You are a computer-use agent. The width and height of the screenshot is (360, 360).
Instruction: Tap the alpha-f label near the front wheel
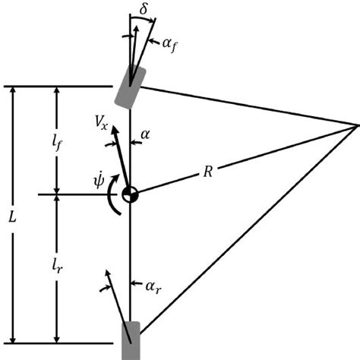pyautogui.click(x=169, y=45)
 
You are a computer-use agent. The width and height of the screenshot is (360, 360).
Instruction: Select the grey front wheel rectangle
pyautogui.click(x=130, y=87)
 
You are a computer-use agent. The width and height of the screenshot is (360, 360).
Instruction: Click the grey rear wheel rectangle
pyautogui.click(x=131, y=340)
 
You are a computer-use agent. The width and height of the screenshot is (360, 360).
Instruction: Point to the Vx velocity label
pyautogui.click(x=101, y=122)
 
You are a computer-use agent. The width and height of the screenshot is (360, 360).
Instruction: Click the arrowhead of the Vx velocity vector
pyautogui.click(x=115, y=130)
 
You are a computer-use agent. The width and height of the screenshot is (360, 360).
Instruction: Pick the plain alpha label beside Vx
pyautogui.click(x=145, y=134)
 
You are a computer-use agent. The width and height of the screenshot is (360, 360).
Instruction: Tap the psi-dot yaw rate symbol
pyautogui.click(x=99, y=180)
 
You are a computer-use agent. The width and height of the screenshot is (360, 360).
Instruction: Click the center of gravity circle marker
pyautogui.click(x=130, y=194)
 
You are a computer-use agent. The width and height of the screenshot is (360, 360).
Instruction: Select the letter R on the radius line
pyautogui.click(x=208, y=172)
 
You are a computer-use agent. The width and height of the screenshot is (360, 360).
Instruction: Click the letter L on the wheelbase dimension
pyautogui.click(x=12, y=217)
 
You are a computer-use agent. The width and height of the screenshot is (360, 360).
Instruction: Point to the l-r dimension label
pyautogui.click(x=57, y=267)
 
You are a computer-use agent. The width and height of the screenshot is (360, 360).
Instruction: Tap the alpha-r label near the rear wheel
pyautogui.click(x=153, y=287)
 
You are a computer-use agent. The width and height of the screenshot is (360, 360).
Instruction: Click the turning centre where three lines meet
pyautogui.click(x=356, y=125)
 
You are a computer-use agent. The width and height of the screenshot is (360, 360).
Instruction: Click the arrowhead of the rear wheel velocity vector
pyautogui.click(x=108, y=273)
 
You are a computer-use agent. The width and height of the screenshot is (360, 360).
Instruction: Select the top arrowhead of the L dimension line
pyautogui.click(x=13, y=90)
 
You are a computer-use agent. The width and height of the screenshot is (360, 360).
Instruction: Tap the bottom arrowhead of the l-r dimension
pyautogui.click(x=57, y=339)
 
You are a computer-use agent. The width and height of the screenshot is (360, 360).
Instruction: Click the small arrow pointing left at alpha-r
pyautogui.click(x=136, y=283)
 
